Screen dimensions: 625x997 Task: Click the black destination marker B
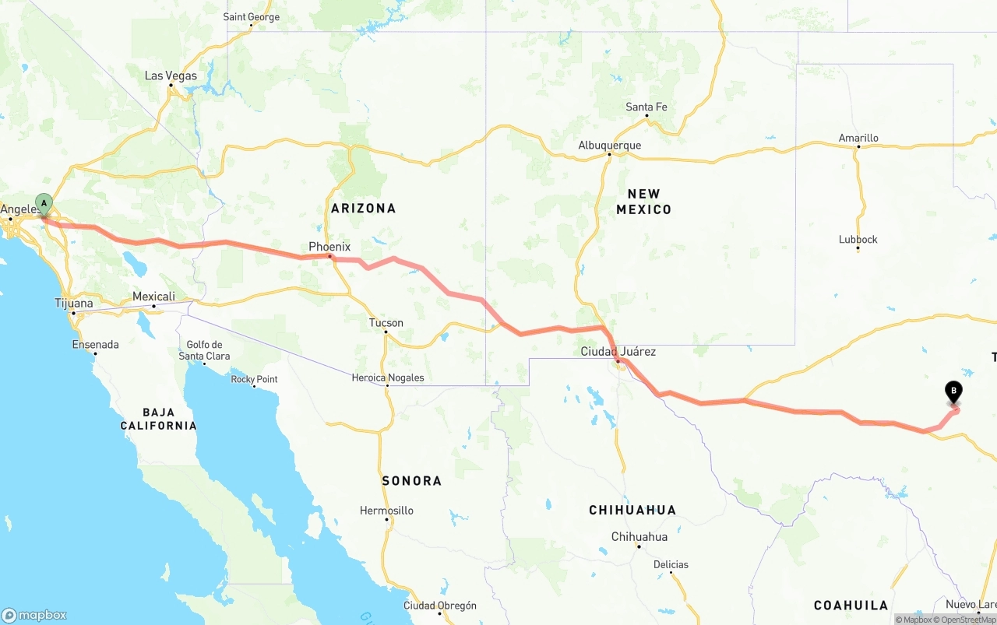953,392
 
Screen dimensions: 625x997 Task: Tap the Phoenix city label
329,247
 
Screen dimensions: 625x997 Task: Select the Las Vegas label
171,76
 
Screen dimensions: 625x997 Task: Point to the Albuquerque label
609,146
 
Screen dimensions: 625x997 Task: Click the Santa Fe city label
646,107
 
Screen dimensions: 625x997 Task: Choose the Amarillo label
858,138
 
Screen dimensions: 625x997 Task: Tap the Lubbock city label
858,239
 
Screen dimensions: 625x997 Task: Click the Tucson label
386,323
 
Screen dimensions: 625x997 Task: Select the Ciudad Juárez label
618,352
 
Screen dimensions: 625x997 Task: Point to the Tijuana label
74,304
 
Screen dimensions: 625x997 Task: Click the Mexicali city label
153,297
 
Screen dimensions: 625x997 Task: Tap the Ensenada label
95,344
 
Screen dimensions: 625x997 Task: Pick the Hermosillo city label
386,511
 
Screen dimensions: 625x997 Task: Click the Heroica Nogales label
387,377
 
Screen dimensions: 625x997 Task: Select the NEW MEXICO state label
643,202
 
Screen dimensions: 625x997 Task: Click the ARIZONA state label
363,208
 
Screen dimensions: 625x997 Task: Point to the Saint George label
251,16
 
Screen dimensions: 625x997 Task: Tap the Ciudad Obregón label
439,606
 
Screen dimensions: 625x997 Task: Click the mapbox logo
34,615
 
